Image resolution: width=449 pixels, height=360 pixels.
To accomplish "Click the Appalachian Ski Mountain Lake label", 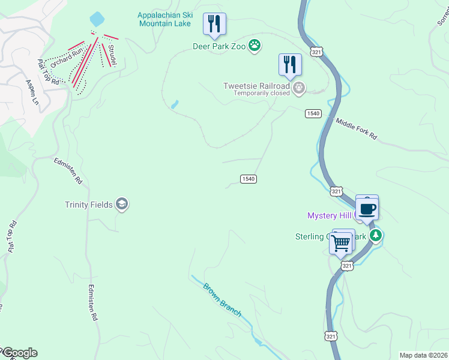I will (164, 19).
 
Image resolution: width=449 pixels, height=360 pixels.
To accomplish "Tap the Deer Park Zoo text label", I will (220, 46).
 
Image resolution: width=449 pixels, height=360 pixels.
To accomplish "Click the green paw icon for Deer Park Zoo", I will (255, 46).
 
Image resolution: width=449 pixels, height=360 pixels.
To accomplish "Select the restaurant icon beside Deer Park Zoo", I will (214, 24).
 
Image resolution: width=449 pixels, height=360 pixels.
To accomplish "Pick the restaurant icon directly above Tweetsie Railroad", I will (290, 64).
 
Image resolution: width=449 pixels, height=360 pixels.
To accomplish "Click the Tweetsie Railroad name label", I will (257, 86).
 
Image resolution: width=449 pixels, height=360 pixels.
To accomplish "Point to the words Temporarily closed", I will (262, 94).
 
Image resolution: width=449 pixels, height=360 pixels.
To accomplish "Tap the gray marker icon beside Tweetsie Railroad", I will (299, 89).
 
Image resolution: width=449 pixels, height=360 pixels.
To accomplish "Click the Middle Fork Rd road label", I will (356, 129).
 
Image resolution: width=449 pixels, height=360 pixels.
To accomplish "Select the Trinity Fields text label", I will (89, 205).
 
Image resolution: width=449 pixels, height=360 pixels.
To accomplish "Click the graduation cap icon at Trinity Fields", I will (122, 205).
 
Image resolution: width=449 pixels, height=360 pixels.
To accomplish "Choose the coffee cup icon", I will (367, 209).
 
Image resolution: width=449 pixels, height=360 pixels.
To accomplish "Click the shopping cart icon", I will (340, 243).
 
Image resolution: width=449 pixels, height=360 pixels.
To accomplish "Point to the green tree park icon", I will (376, 235).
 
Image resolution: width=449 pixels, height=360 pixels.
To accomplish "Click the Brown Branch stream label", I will (222, 299).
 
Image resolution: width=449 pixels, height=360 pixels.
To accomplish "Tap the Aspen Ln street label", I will (32, 93).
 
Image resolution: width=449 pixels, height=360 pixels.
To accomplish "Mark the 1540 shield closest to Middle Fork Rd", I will (313, 113).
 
